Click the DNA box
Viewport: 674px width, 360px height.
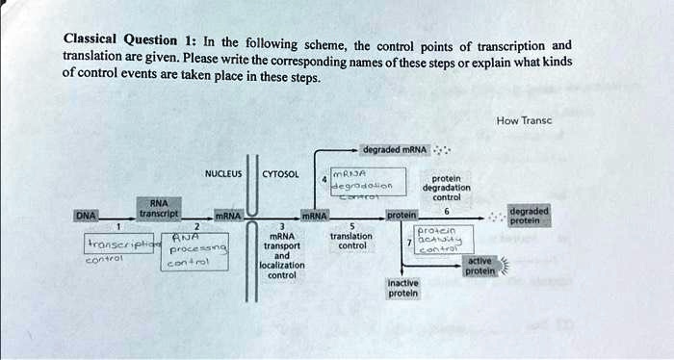click(87, 217)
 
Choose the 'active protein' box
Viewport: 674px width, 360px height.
click(480, 267)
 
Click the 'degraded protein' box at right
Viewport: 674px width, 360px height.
click(529, 216)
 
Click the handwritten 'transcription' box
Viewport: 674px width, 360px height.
click(121, 246)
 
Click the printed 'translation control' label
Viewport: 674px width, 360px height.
click(350, 242)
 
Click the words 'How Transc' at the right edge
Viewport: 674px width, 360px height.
click(524, 120)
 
